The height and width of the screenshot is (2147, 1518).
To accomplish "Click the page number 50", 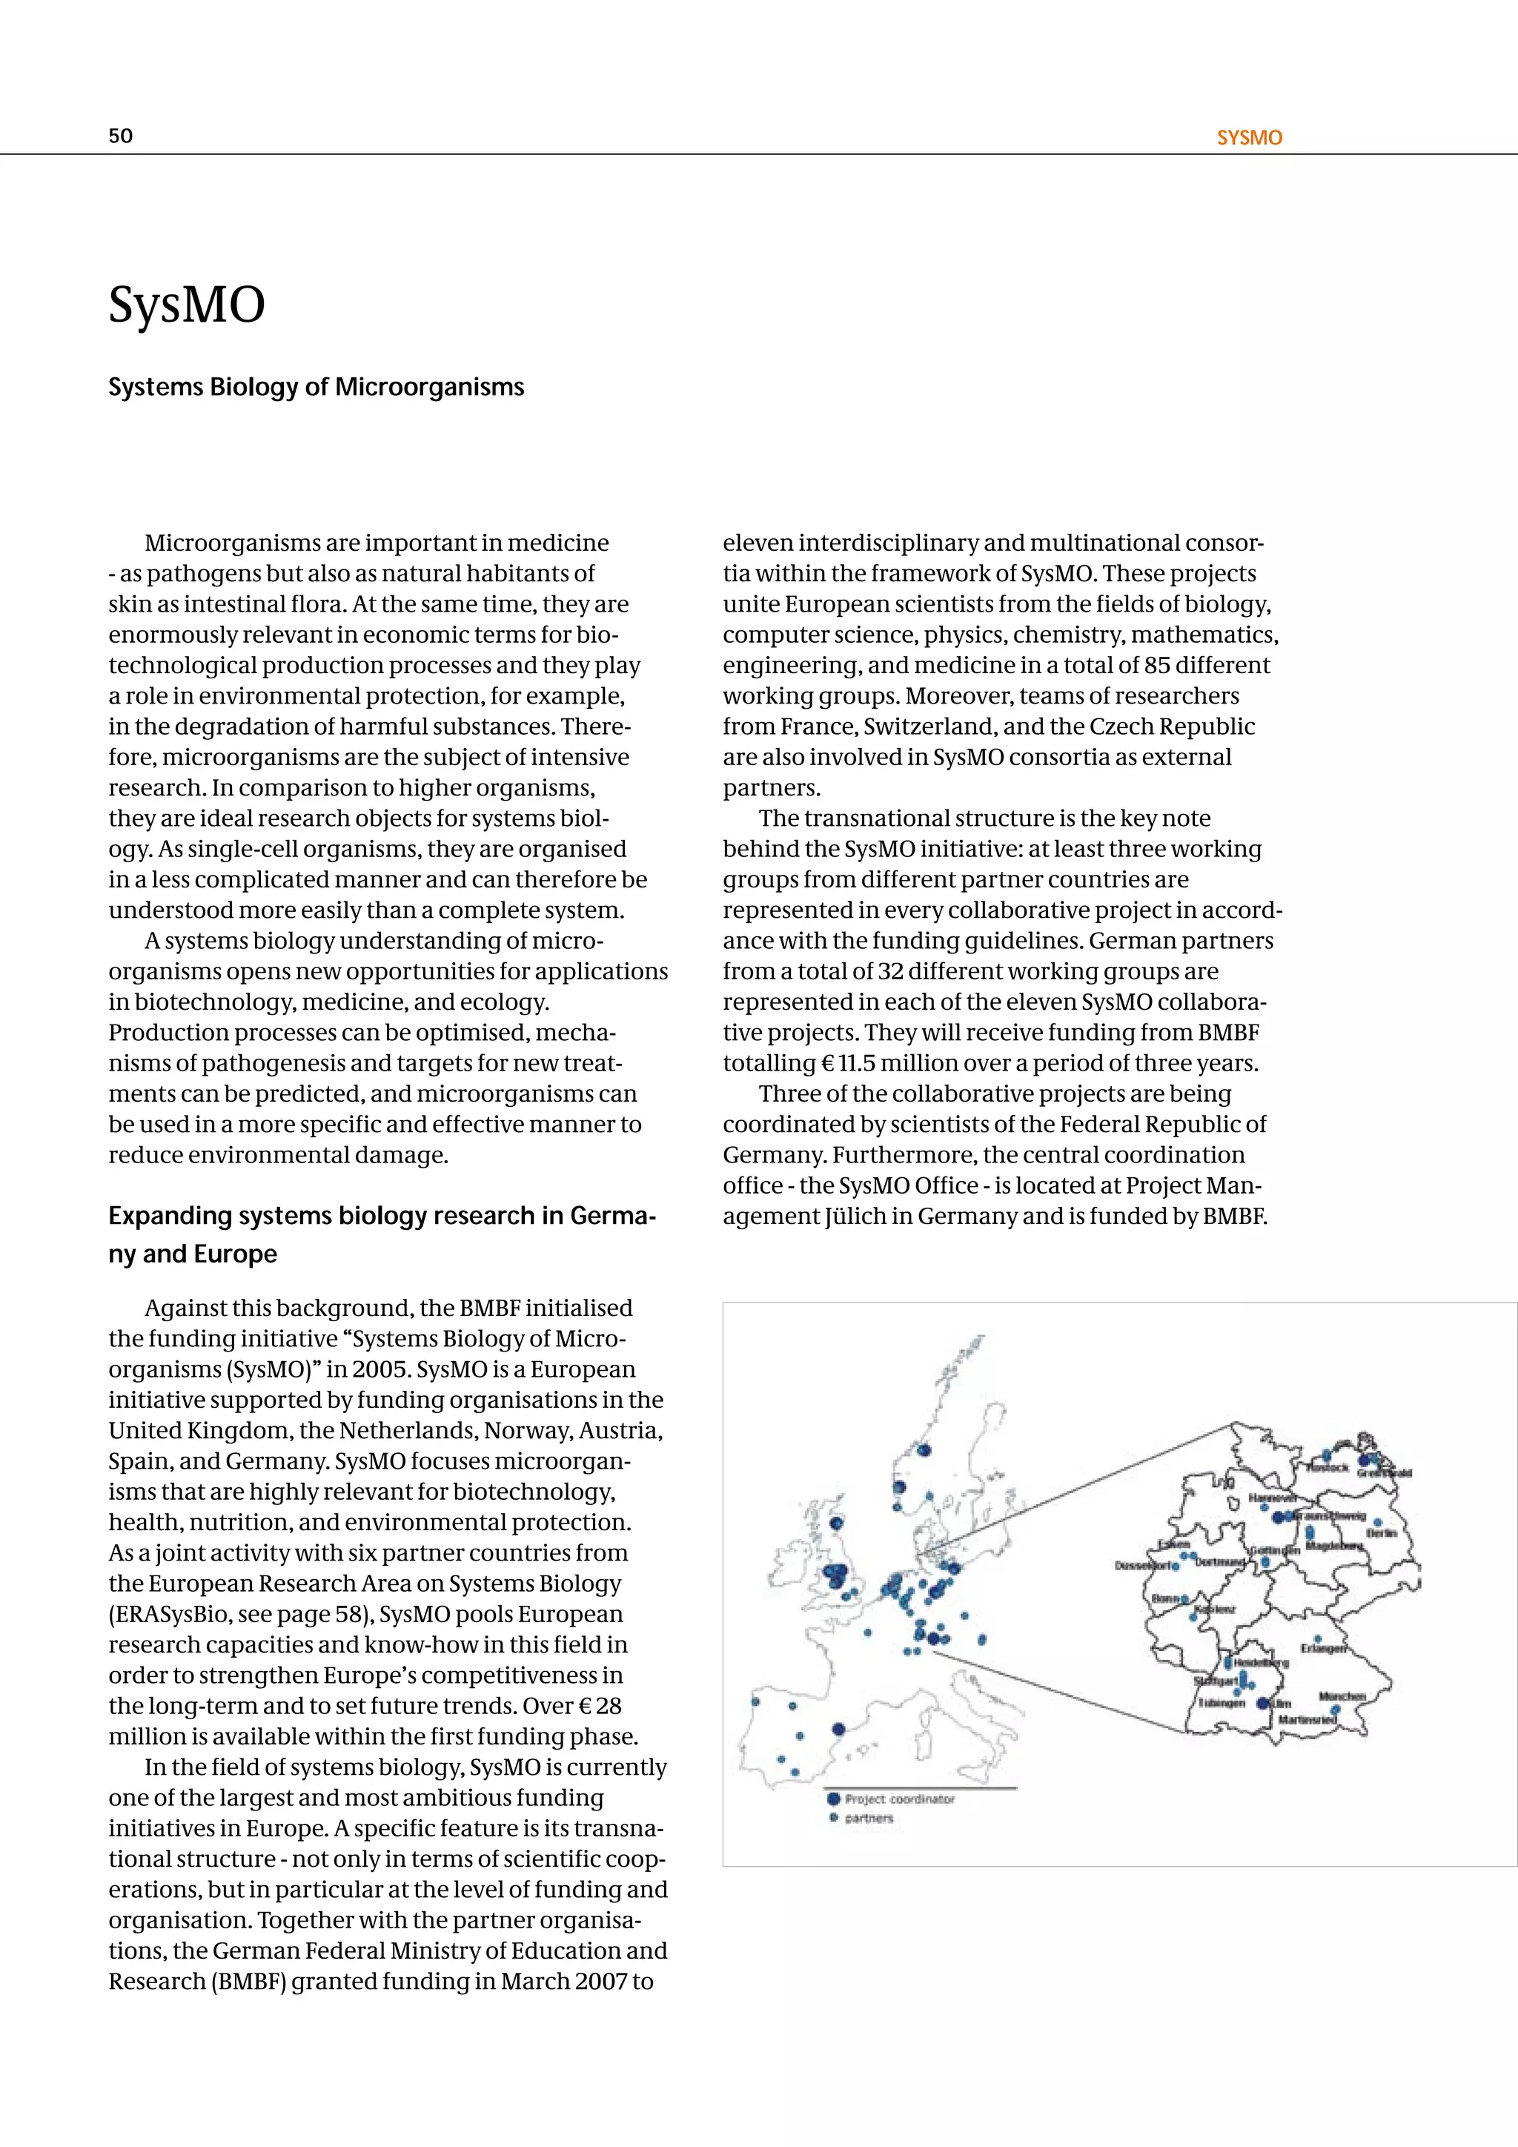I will tap(121, 136).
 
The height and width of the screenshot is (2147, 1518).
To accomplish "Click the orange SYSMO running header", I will tap(1249, 137).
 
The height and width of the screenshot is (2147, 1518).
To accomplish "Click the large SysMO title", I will tap(187, 305).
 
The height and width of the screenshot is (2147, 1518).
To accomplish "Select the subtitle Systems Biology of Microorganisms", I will tap(316, 386).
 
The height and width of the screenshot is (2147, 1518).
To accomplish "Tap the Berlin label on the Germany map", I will tap(1382, 1535).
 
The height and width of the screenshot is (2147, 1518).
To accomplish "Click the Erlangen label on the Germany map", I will tap(1322, 1649).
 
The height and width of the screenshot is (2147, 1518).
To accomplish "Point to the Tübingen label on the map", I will tap(1222, 1704).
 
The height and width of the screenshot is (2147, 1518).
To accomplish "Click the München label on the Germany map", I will tap(1342, 1696).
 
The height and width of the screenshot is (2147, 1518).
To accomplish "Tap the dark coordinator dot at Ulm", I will tap(1264, 1704).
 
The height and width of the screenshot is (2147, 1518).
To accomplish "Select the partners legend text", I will tap(869, 1819).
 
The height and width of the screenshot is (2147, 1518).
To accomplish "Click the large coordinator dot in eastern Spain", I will tap(838, 1729).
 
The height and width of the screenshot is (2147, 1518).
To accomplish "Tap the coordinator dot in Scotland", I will tap(837, 1524).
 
